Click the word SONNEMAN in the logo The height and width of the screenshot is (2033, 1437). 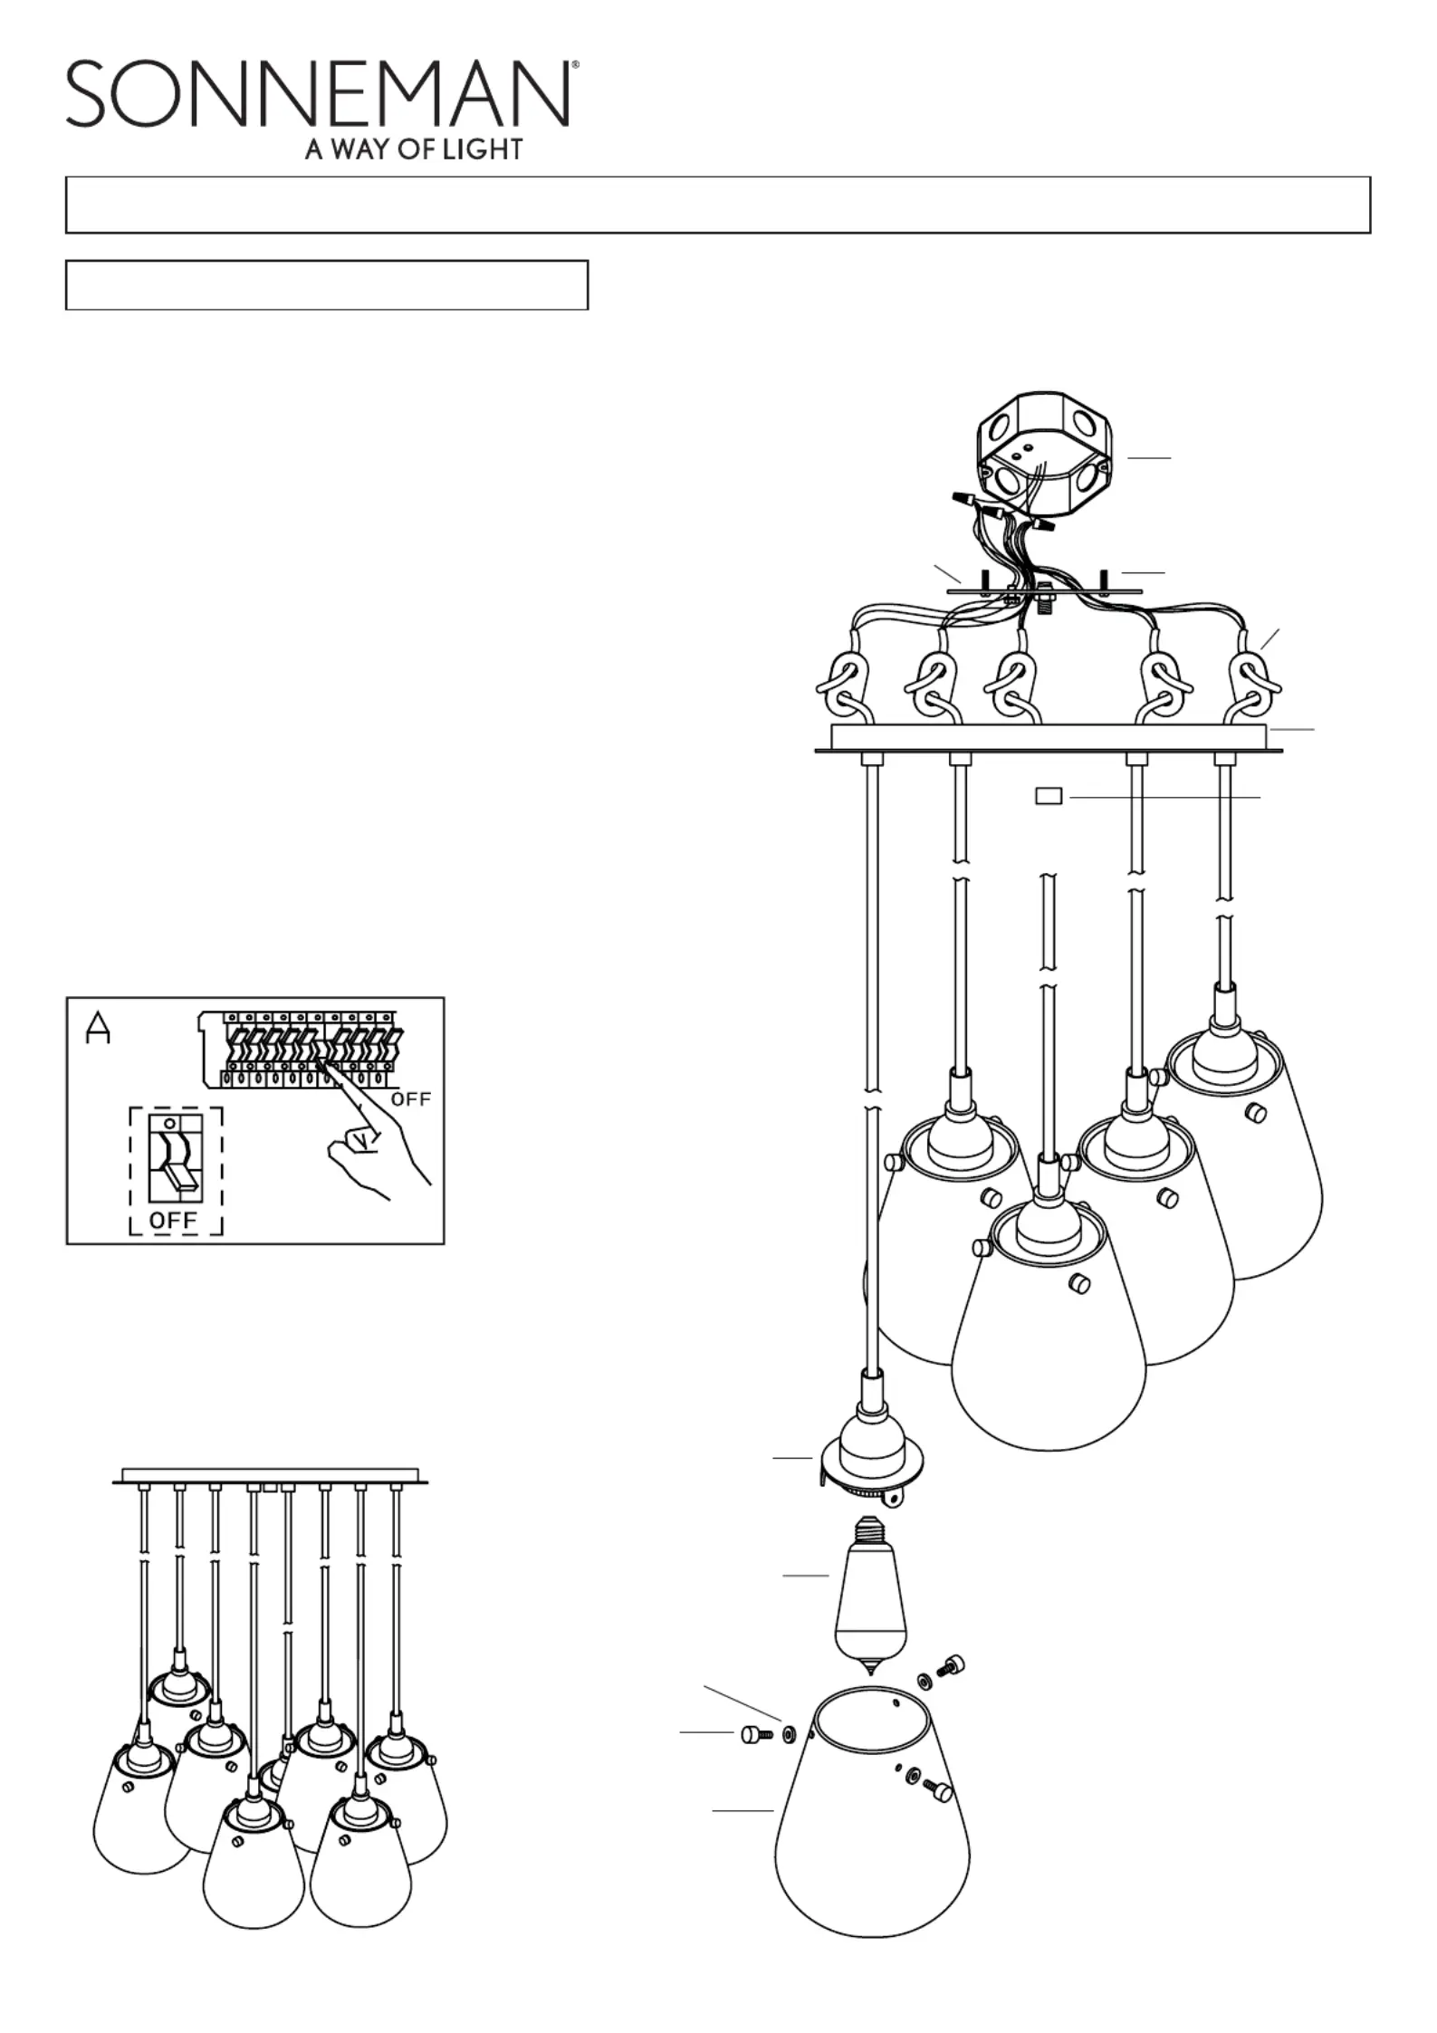click(x=317, y=94)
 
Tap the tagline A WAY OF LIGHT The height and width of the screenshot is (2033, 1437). click(x=414, y=149)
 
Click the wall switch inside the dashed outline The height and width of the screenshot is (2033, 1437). click(x=174, y=1155)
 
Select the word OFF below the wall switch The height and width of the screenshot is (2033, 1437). click(x=173, y=1220)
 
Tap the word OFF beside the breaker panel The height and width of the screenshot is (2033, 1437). click(x=410, y=1099)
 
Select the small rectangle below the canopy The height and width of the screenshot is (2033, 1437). click(x=1049, y=796)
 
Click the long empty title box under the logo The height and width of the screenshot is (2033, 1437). click(x=717, y=205)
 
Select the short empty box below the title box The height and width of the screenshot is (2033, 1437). click(x=327, y=285)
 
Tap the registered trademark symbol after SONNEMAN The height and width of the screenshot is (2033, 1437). click(x=575, y=66)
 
